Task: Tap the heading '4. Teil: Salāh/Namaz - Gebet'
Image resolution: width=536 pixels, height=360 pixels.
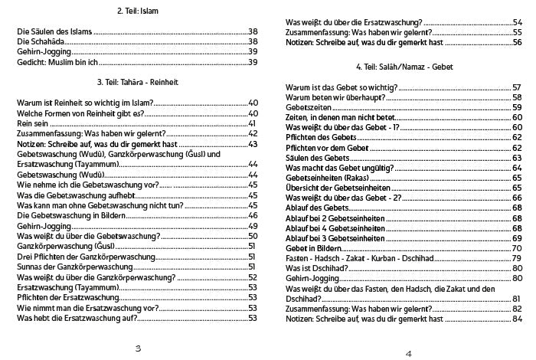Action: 404,67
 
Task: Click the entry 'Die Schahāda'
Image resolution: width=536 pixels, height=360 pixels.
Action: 40,41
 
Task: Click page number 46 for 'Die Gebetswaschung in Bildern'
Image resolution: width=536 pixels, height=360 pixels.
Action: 253,216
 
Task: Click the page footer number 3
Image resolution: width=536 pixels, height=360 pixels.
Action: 138,349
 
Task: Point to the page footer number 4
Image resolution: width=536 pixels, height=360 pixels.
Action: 408,353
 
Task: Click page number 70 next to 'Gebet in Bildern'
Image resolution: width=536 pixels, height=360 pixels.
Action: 517,248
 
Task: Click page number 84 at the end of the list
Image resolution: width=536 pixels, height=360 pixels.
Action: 517,318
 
